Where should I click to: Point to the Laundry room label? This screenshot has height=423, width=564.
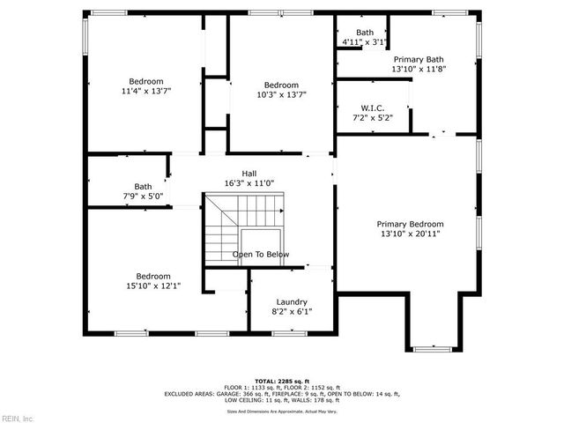[291, 301]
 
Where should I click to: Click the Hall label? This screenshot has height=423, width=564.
[250, 173]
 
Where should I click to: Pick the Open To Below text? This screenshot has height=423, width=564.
[261, 255]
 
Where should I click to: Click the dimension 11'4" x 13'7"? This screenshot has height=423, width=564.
[146, 90]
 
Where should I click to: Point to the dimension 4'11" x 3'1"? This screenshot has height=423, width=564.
[363, 41]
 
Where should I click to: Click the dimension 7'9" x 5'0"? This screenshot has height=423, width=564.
[143, 196]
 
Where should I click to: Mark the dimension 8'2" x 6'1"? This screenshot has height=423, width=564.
[291, 311]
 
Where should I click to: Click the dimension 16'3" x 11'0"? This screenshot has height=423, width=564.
[250, 183]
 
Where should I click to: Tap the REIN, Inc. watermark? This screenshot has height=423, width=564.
[18, 418]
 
